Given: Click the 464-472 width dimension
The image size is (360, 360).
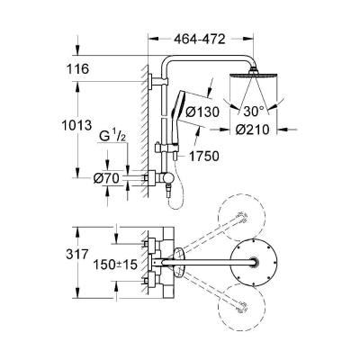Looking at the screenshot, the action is pyautogui.click(x=199, y=39).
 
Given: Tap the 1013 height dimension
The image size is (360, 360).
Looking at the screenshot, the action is pyautogui.click(x=76, y=125).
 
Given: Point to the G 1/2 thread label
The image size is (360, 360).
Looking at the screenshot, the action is pyautogui.click(x=112, y=137).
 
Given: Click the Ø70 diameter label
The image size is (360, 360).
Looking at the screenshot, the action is pyautogui.click(x=106, y=178).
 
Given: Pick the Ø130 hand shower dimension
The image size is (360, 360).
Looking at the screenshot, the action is pyautogui.click(x=202, y=112).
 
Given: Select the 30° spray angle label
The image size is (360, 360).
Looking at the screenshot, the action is pyautogui.click(x=253, y=112).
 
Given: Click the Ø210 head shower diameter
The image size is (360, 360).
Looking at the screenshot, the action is pyautogui.click(x=252, y=130).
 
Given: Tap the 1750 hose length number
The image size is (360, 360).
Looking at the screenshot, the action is pyautogui.click(x=204, y=156).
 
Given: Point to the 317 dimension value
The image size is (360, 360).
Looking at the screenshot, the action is pyautogui.click(x=77, y=255).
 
